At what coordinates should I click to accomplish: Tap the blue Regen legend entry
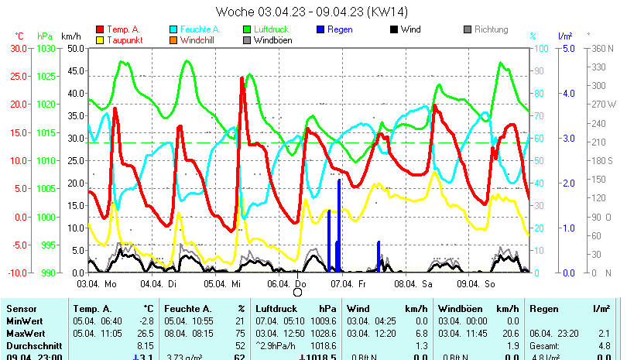point(338,29)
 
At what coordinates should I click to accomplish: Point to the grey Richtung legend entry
point(491,29)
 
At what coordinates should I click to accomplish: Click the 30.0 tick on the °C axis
point(17,48)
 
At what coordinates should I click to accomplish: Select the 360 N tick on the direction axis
point(603,48)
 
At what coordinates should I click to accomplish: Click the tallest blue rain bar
point(339,225)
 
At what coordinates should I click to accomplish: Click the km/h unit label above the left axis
point(71,36)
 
